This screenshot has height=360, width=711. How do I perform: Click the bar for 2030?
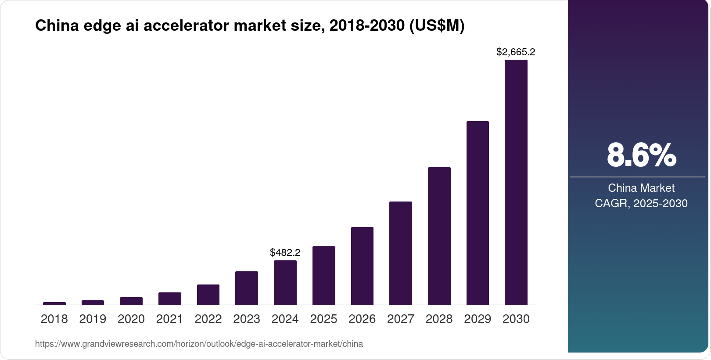click(x=516, y=182)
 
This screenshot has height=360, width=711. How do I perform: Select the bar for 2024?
click(x=285, y=282)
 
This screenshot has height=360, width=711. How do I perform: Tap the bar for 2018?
click(x=54, y=303)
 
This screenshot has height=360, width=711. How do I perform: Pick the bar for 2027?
click(x=400, y=253)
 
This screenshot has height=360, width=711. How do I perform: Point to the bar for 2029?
click(x=478, y=213)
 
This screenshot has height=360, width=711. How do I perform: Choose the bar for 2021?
click(x=169, y=299)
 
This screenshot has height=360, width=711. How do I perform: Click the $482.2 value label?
click(x=285, y=252)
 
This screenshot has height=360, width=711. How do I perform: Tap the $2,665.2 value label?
click(x=516, y=52)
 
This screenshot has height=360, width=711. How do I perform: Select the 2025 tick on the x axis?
click(x=323, y=319)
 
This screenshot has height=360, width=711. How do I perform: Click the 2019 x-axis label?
click(x=93, y=319)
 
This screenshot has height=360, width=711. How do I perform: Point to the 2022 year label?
click(x=208, y=319)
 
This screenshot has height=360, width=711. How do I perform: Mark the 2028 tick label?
click(x=439, y=319)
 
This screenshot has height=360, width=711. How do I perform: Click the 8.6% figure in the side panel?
click(x=641, y=155)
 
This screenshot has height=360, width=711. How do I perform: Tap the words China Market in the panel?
click(x=641, y=188)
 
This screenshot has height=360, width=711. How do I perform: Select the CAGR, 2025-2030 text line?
click(x=641, y=203)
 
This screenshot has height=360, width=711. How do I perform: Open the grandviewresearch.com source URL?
click(x=199, y=344)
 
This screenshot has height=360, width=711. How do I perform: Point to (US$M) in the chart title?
click(x=437, y=25)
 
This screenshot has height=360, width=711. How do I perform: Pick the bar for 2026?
click(x=362, y=266)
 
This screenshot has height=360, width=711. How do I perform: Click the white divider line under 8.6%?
click(x=637, y=177)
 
